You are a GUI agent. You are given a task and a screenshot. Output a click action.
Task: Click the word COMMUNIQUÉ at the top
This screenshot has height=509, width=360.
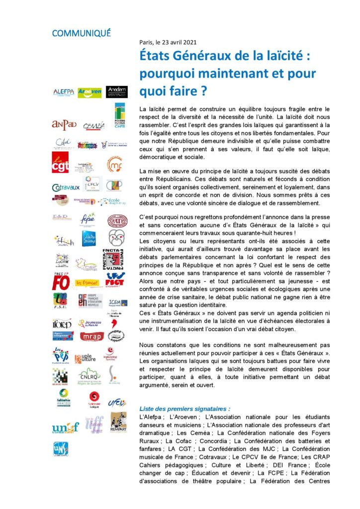[x=81, y=33]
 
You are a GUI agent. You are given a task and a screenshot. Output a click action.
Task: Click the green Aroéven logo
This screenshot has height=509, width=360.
[x=90, y=92]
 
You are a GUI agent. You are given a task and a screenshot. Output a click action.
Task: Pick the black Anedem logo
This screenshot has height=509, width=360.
[x=117, y=92]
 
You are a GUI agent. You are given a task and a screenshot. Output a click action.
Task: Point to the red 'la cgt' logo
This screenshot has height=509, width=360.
[x=61, y=163]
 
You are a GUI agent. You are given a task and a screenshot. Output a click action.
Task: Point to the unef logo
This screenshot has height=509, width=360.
[x=65, y=427]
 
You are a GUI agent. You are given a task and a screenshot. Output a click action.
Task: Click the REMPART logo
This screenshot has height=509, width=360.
[x=118, y=422]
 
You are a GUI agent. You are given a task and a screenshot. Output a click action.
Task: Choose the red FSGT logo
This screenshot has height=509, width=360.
[x=115, y=279]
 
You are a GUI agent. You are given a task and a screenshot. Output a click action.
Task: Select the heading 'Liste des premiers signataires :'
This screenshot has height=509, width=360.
[x=184, y=409]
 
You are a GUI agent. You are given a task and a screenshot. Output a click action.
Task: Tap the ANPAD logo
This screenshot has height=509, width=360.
[x=64, y=124]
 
